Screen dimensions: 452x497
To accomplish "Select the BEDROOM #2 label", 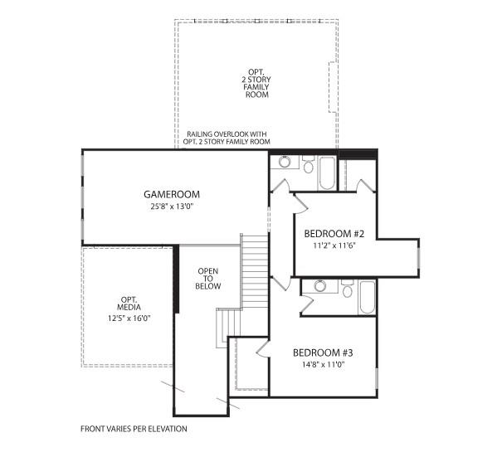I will [x=332, y=233].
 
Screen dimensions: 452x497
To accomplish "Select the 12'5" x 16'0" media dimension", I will [x=129, y=318].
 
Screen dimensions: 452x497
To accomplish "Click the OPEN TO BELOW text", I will [x=208, y=278].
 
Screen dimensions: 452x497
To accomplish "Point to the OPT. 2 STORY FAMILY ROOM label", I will [x=257, y=83].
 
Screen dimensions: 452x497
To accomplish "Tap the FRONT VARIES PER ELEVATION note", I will [x=134, y=429].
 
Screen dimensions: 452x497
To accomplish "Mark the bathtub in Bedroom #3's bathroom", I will [x=367, y=297].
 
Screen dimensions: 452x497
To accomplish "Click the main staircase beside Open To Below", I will [x=254, y=270].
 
